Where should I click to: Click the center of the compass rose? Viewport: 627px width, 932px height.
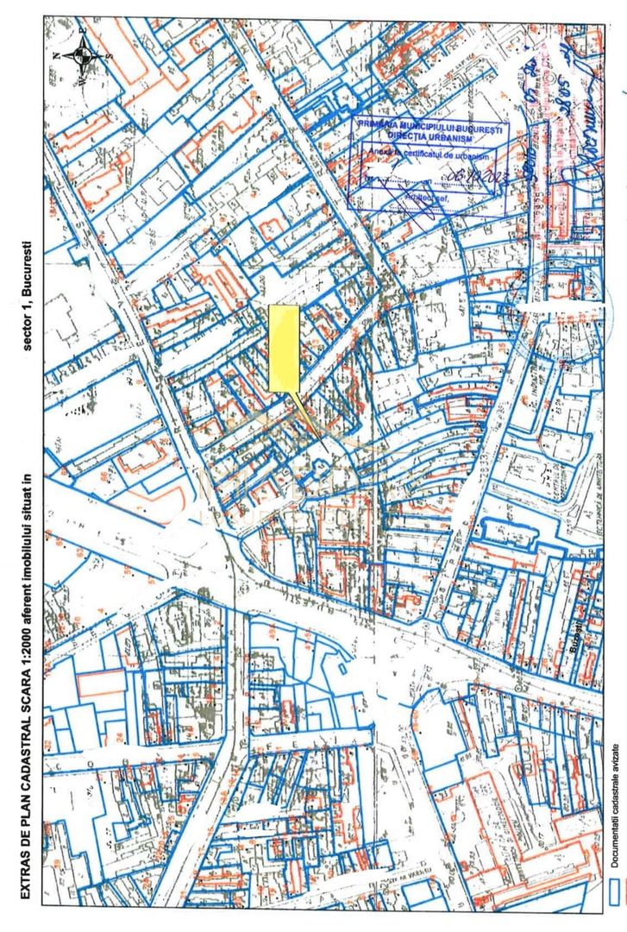[x=84, y=55]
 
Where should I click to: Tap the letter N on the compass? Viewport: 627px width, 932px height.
[x=57, y=55]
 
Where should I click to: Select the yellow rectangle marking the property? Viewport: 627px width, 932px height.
[x=284, y=348]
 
